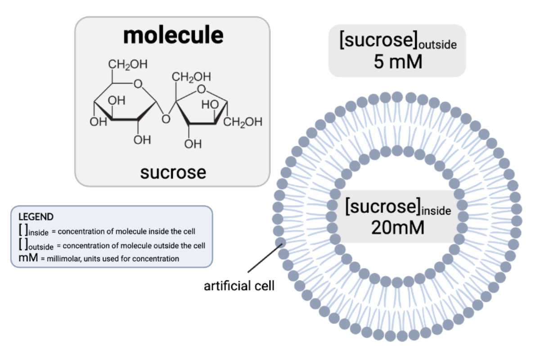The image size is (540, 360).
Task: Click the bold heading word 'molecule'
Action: [x=173, y=36]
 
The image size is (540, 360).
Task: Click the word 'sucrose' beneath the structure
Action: [x=173, y=172]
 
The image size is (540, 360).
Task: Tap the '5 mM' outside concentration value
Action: [x=398, y=62]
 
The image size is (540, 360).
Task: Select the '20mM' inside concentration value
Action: [x=398, y=228]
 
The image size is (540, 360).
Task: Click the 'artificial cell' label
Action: [x=239, y=286]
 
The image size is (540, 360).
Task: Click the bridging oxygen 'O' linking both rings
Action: [x=166, y=119]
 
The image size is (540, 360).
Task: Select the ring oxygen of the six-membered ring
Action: [x=138, y=83]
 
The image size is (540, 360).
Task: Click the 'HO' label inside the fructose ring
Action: [x=210, y=104]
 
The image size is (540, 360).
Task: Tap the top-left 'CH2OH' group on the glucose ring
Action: [x=128, y=64]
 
